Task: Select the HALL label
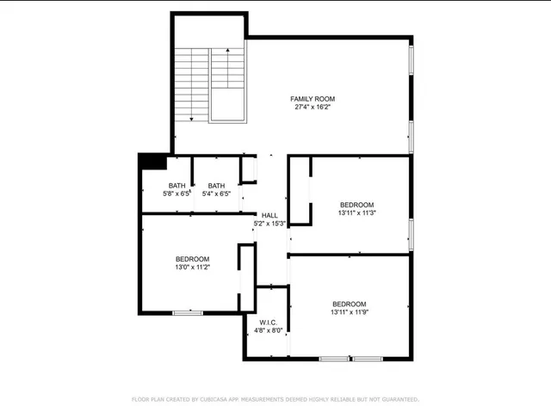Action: [x=269, y=216]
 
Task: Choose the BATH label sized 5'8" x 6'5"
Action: [x=176, y=186]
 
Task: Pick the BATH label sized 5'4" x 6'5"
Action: [x=216, y=186]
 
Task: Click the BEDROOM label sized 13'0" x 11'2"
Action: [x=192, y=259]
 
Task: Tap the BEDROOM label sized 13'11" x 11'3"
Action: [x=356, y=204]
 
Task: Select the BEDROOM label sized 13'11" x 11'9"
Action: [x=350, y=304]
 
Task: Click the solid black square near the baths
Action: [x=152, y=162]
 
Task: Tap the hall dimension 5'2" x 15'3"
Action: [x=269, y=224]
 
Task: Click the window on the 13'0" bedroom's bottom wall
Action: [x=188, y=312]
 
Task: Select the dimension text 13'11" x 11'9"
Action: [x=350, y=313]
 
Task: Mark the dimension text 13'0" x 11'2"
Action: [x=192, y=268]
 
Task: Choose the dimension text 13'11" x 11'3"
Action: [x=356, y=212]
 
